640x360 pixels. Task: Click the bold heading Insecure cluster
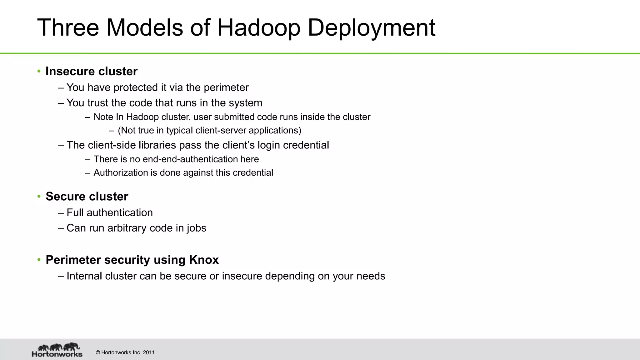point(91,71)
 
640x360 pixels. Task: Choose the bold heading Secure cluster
point(87,196)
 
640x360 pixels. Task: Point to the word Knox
point(204,260)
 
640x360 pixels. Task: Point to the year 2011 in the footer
point(149,352)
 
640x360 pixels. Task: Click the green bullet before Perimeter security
point(39,260)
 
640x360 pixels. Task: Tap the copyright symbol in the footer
point(98,352)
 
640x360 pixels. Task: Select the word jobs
point(197,228)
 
